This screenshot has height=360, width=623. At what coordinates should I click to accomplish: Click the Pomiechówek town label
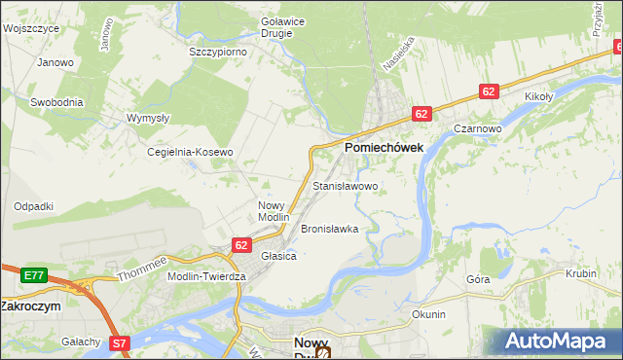(383, 147)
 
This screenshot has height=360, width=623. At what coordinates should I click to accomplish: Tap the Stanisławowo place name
(346, 185)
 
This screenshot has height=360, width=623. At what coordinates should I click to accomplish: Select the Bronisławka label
(330, 229)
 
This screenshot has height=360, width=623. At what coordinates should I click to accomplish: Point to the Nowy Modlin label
(274, 211)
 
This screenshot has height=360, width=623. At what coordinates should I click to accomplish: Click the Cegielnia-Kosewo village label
(190, 153)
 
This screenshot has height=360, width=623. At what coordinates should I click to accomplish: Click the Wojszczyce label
(31, 29)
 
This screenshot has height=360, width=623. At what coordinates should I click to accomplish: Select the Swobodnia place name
(56, 102)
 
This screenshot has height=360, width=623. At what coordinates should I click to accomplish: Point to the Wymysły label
(149, 118)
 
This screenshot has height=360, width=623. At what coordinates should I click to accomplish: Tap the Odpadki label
(33, 206)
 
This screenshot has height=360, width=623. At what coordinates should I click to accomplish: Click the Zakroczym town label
(30, 306)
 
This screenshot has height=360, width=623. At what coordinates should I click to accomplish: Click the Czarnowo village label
(477, 128)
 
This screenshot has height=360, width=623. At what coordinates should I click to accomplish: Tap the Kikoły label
(538, 97)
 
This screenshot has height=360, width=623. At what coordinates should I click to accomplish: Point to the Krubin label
(580, 274)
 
